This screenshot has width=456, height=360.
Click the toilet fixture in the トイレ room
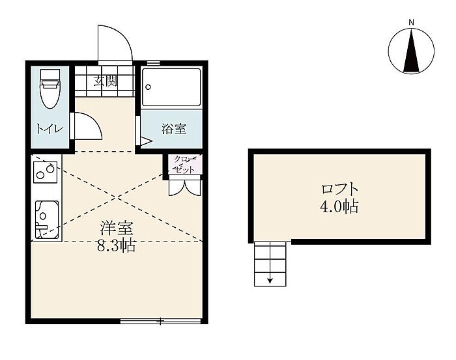click(x=50, y=89)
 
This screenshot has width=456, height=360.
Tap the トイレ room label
click(x=50, y=129)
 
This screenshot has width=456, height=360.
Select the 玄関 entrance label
click(x=106, y=81)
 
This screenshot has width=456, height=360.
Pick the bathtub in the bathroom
click(x=171, y=87)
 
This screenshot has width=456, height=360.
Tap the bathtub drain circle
click(x=148, y=87)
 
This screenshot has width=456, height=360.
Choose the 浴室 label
click(x=174, y=129)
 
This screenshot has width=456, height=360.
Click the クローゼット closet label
click(x=184, y=165)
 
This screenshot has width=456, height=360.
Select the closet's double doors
click(x=184, y=187)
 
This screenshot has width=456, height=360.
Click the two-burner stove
click(x=46, y=173)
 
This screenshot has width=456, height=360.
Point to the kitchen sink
click(x=47, y=219)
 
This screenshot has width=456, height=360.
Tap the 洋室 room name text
click(x=117, y=228)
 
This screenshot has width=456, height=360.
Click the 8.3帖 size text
click(x=116, y=246)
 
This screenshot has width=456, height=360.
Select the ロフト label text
click(x=339, y=189)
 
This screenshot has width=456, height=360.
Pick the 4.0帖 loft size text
click(x=339, y=206)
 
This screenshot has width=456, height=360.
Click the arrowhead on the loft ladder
click(x=270, y=281)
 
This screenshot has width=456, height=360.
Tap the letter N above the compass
click(x=411, y=22)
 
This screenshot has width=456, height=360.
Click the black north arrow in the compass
click(x=412, y=51)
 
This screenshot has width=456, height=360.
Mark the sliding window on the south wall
click(x=160, y=321)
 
